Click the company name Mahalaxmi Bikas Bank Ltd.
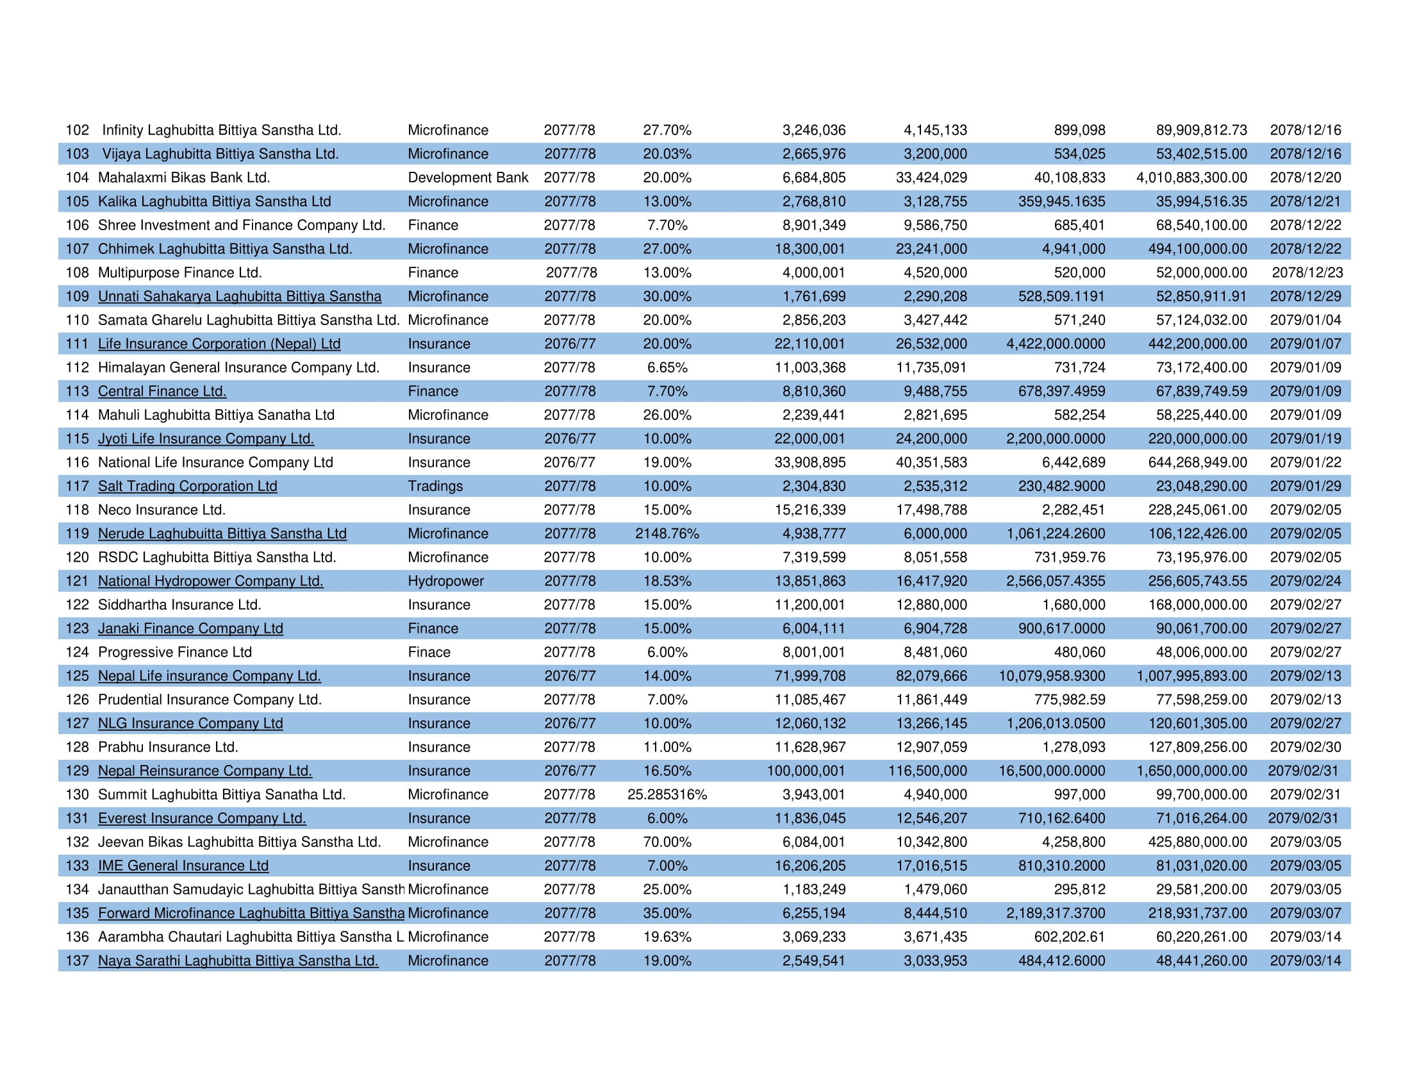[x=184, y=178]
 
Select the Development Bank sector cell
[x=467, y=178]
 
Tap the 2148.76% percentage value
[x=667, y=533]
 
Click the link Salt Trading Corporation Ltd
[x=187, y=486]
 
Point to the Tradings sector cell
[x=435, y=486]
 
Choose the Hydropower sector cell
[x=445, y=581]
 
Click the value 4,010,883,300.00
[x=1191, y=178]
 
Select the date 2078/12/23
[x=1307, y=272]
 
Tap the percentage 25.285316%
[x=667, y=794]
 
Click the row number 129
[x=77, y=771]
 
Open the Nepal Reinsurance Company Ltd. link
[x=204, y=771]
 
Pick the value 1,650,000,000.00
[x=1191, y=771]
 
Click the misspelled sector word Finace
[x=429, y=652]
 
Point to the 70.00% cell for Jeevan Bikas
[x=667, y=842]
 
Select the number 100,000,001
[x=806, y=771]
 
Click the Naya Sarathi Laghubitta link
[x=238, y=961]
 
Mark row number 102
[x=77, y=130]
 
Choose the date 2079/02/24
[x=1305, y=581]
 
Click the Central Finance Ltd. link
[x=162, y=391]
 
